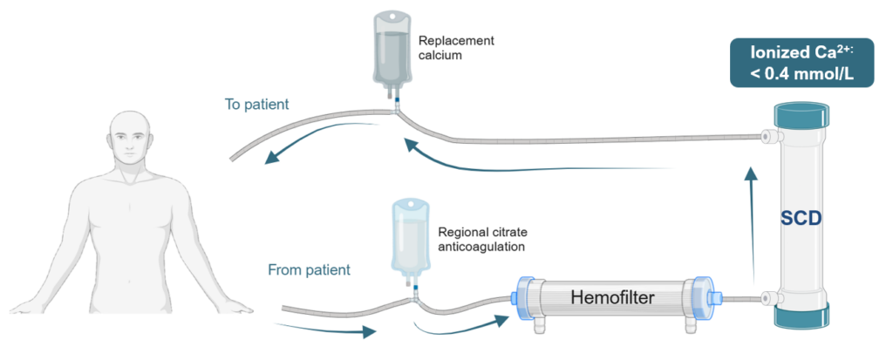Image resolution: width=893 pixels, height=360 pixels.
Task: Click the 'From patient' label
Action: (x=309, y=270)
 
